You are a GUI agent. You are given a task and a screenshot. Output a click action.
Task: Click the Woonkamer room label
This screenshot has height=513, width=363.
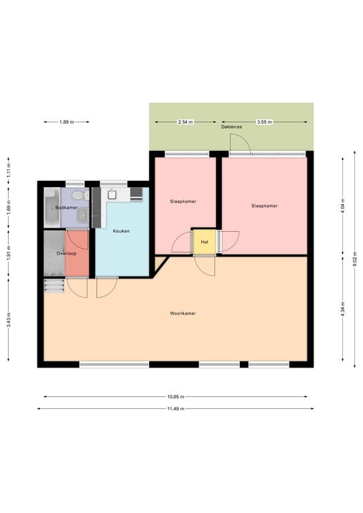pos(183,313)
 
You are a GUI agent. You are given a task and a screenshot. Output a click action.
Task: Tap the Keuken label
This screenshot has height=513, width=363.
pos(121,231)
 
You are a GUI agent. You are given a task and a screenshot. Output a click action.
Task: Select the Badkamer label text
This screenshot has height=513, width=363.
pos(66,208)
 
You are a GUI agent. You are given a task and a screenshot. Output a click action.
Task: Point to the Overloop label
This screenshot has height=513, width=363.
pos(66,254)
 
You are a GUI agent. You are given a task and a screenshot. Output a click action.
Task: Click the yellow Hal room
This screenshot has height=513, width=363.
pos(205,242)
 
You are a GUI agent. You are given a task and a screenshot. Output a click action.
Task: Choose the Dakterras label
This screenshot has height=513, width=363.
pos(231,127)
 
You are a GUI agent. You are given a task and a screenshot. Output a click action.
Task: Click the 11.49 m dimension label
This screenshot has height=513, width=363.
pos(176,409)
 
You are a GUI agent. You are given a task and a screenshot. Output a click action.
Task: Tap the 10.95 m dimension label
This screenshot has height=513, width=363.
pos(176,397)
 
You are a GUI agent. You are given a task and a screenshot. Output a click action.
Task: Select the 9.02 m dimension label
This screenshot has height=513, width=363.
pos(354,259)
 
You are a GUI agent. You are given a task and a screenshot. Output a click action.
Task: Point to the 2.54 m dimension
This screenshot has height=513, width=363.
pos(185,122)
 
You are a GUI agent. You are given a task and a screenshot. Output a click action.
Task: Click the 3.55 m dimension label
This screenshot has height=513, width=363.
pos(265,122)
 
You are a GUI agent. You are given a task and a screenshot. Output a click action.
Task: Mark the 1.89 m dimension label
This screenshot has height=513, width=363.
pos(66,122)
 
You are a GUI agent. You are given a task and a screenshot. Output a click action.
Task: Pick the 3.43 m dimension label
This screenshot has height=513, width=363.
pos(9,320)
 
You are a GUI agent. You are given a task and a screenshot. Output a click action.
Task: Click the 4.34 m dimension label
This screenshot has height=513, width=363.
pos(343,309)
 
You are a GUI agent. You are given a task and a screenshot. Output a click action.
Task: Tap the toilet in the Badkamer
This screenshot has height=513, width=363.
pos(80,195)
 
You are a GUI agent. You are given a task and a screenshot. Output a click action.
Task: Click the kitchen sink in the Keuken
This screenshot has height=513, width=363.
pos(112,194)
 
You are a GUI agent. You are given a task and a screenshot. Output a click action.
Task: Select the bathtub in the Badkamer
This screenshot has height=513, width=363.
pos(51,208)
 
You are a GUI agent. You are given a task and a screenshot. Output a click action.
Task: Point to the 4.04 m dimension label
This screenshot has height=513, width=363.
pos(343,206)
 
